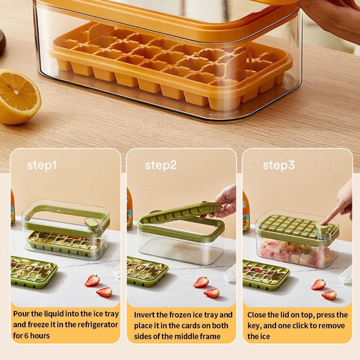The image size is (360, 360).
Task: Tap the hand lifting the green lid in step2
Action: click(x=225, y=202)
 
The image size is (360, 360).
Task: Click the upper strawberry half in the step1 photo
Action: click(x=92, y=280)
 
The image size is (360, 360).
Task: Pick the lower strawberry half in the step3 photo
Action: click(x=329, y=295)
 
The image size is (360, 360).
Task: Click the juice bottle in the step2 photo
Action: click(x=130, y=209)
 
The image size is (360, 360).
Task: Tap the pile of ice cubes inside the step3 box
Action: click(x=295, y=254)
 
